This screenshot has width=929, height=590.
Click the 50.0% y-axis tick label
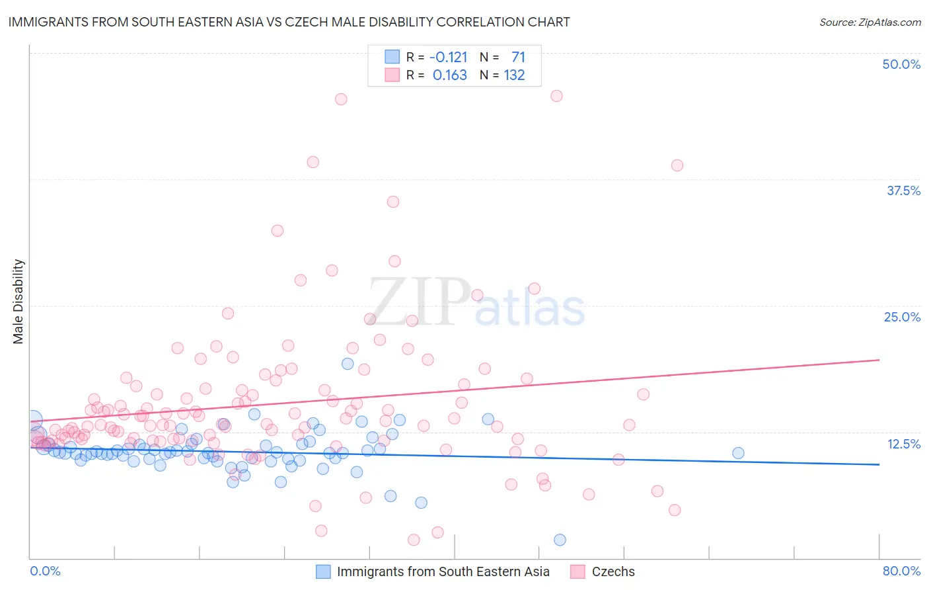click(x=901, y=64)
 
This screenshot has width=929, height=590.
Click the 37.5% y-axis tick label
click(x=903, y=190)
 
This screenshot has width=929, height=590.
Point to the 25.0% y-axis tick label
click(x=902, y=317)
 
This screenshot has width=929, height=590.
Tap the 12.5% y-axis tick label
click(x=903, y=444)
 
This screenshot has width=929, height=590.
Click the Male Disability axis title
click(x=19, y=302)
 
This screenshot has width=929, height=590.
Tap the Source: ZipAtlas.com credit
click(x=870, y=22)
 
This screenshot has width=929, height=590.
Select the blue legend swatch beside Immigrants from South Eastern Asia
click(x=323, y=571)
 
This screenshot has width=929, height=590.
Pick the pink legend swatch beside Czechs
click(x=577, y=571)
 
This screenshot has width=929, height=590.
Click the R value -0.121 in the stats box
click(x=449, y=58)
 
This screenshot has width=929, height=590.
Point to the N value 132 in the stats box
click(x=514, y=75)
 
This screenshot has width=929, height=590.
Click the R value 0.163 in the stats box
click(x=449, y=75)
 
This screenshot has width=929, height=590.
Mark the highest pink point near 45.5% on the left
click(x=341, y=99)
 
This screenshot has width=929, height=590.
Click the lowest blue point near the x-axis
click(x=560, y=540)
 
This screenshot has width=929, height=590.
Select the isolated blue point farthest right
click(x=738, y=453)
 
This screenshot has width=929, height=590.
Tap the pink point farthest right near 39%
click(x=677, y=165)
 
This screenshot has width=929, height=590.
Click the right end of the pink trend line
click(x=879, y=360)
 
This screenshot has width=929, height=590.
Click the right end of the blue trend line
click(x=879, y=464)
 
